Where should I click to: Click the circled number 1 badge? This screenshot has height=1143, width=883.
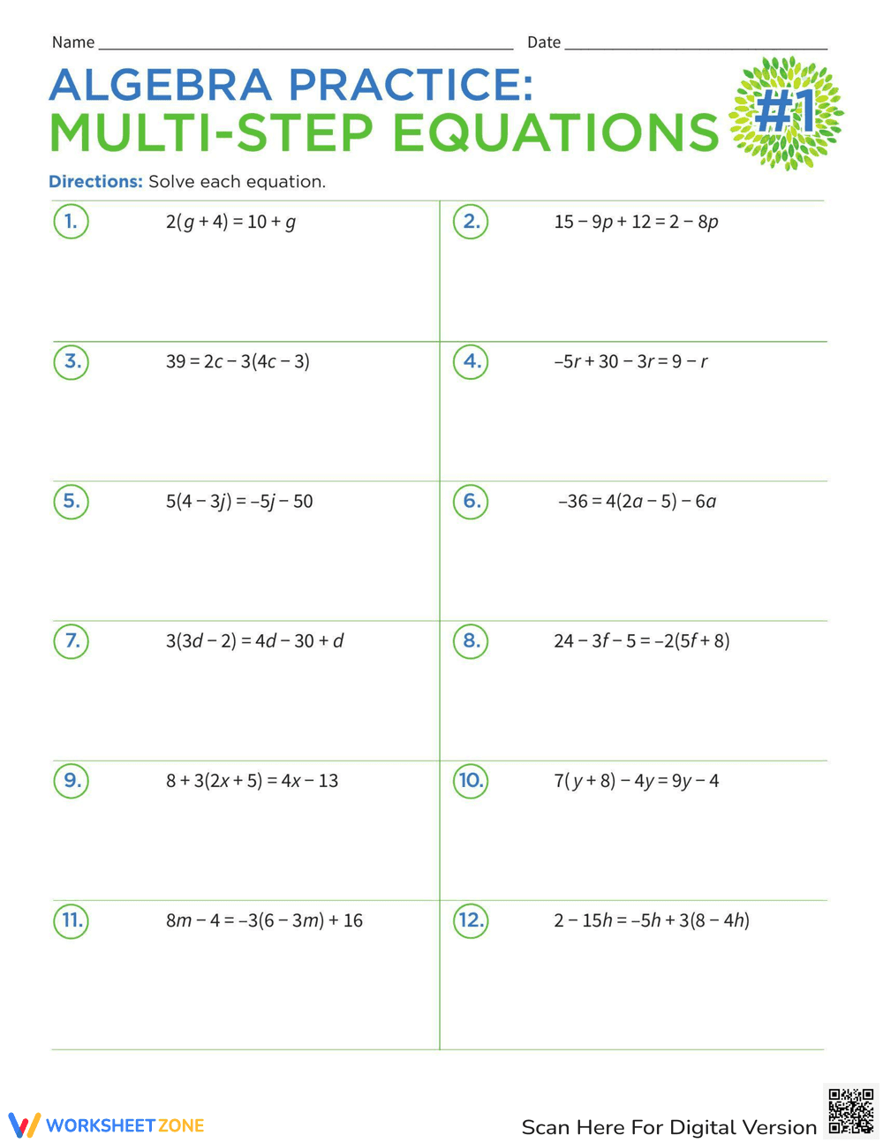72,222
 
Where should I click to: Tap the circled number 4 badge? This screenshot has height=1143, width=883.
471,361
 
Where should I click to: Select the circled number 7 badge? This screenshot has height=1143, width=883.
72,640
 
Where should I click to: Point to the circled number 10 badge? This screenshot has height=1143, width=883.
471,780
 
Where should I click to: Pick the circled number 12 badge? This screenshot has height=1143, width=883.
471,920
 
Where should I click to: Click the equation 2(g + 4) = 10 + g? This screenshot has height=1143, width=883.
230,222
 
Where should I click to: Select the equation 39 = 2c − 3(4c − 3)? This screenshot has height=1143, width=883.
238,361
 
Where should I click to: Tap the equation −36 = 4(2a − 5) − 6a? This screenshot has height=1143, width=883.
637,502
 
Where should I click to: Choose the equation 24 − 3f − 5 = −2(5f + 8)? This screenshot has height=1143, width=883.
642,641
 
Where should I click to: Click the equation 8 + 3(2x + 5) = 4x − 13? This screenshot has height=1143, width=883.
252,781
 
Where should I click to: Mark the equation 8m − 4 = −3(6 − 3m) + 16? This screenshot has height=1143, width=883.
264,920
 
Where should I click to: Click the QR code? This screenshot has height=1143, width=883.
851,1111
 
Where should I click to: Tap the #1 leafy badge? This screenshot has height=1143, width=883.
786,113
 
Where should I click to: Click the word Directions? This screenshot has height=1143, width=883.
95,182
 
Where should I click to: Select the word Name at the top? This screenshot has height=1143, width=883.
73,42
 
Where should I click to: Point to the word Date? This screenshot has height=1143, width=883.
544,42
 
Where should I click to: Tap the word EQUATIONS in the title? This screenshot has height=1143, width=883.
555,133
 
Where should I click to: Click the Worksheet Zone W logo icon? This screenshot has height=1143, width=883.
24,1125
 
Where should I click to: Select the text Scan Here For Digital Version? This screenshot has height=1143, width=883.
669,1127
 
